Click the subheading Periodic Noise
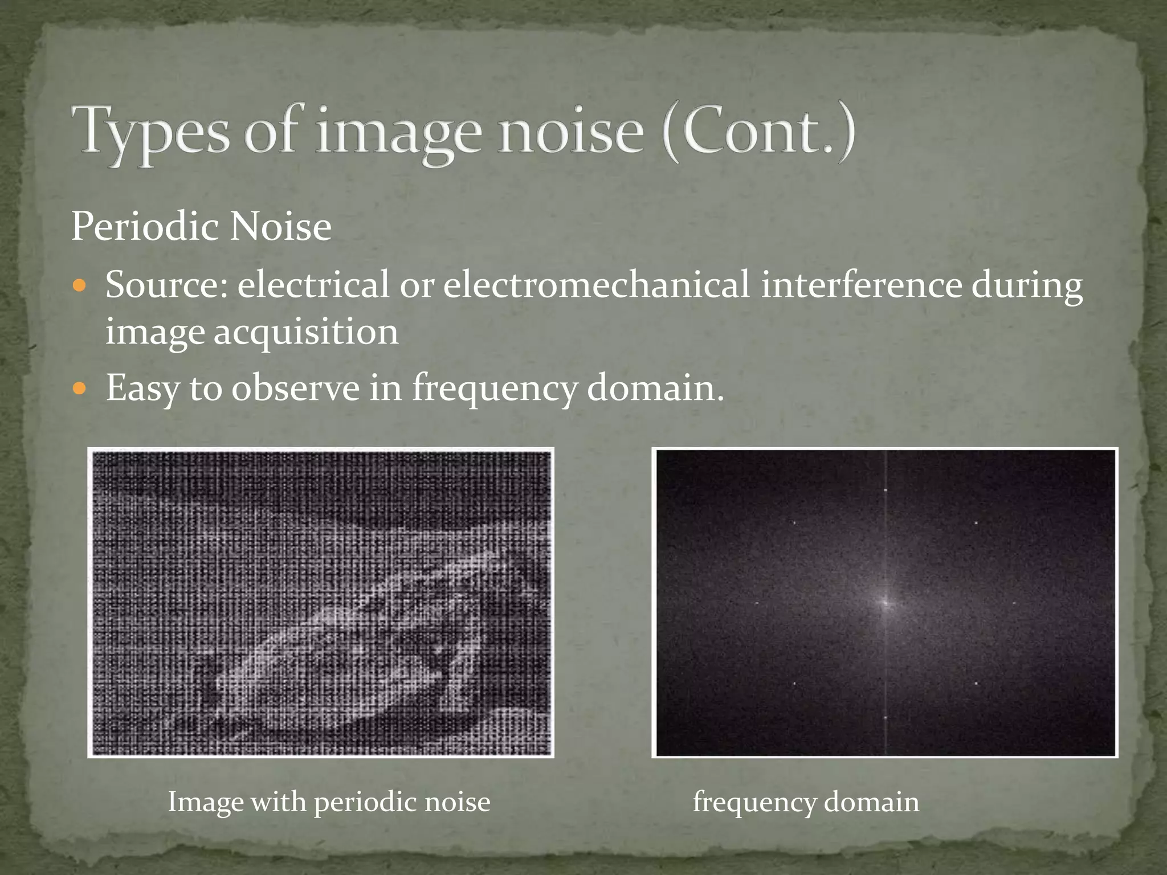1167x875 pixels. click(x=201, y=227)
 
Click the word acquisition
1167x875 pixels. click(x=307, y=331)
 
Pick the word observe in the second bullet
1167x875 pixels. click(x=295, y=388)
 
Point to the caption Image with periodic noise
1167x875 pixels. click(x=329, y=802)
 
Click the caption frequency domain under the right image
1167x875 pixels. click(x=806, y=802)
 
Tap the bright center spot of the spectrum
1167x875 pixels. click(x=886, y=602)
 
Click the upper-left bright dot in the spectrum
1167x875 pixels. click(x=794, y=522)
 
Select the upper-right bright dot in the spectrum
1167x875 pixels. click(x=976, y=522)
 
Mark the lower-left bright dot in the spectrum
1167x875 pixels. click(x=794, y=683)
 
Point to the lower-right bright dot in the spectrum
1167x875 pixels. click(x=976, y=683)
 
